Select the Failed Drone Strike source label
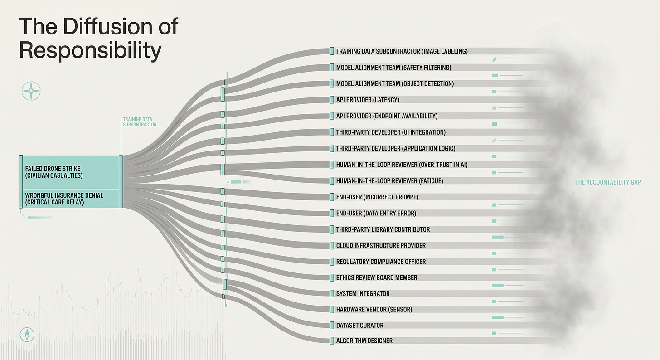click(53, 172)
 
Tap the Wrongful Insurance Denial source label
click(64, 199)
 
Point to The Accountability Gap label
click(608, 182)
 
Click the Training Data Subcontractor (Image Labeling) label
click(402, 51)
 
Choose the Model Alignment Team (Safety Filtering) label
click(393, 68)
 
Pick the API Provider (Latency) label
click(368, 100)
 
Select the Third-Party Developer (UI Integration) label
click(391, 132)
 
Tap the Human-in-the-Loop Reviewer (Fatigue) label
click(389, 181)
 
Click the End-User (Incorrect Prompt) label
click(377, 197)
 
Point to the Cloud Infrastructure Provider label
click(381, 245)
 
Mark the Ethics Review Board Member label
click(377, 277)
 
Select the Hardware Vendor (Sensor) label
click(374, 309)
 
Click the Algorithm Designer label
click(364, 341)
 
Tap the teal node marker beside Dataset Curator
click(332, 325)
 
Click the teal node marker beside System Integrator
click(332, 293)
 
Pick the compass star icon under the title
click(31, 91)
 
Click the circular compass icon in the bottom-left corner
click(27, 334)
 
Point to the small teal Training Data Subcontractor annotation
click(140, 122)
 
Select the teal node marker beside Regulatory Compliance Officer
click(332, 262)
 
